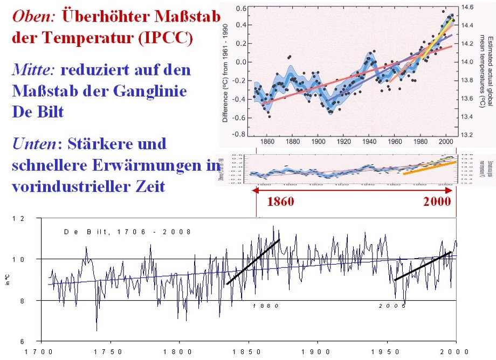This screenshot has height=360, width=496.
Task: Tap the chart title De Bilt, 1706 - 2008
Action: pyautogui.click(x=127, y=232)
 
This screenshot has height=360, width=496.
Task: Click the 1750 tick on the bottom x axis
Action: pyautogui.click(x=110, y=352)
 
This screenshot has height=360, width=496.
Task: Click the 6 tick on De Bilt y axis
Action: pyautogui.click(x=22, y=342)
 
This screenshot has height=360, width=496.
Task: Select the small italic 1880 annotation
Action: pyautogui.click(x=266, y=306)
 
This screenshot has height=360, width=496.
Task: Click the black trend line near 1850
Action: pyautogui.click(x=253, y=261)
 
